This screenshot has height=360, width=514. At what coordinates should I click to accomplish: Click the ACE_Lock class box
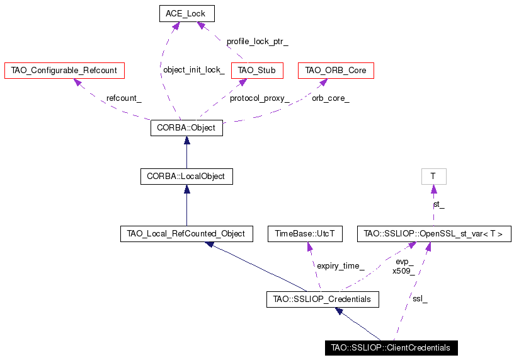(187, 14)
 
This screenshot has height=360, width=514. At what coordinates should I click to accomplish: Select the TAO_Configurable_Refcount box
(65, 71)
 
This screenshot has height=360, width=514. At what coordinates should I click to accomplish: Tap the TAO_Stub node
(257, 71)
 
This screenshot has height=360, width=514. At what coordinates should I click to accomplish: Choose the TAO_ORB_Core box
(336, 71)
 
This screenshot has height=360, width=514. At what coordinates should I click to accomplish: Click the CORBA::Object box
(186, 128)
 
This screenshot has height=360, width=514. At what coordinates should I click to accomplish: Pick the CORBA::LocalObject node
(186, 177)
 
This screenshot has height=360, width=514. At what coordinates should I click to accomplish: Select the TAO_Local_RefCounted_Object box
(186, 234)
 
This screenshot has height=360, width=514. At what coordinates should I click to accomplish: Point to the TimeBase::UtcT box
(305, 234)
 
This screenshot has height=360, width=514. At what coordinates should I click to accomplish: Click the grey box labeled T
(433, 177)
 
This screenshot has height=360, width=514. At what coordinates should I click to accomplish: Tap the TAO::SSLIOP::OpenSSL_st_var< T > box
(434, 234)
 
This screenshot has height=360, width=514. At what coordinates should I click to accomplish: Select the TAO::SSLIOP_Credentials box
(323, 299)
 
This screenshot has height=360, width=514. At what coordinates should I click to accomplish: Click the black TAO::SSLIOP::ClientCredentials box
(391, 348)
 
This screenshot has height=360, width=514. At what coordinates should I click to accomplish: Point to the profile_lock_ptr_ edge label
(258, 42)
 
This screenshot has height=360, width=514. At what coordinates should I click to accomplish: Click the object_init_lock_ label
(194, 70)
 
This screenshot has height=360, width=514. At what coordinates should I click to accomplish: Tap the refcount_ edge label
(124, 98)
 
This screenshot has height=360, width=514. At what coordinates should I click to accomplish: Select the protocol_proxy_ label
(260, 98)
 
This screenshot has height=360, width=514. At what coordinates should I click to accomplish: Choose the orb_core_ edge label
(331, 98)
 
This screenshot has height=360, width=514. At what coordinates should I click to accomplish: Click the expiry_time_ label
(341, 266)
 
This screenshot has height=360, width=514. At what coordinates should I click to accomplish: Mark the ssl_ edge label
(420, 299)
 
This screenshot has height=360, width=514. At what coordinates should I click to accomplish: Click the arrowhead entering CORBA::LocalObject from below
(187, 189)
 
